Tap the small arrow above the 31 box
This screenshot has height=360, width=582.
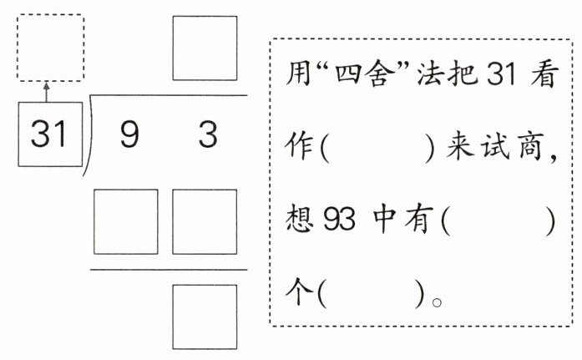click(x=46, y=90)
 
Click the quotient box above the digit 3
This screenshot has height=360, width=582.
click(x=205, y=48)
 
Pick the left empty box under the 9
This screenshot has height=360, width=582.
click(x=125, y=221)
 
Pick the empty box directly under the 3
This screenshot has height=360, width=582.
click(x=205, y=221)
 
